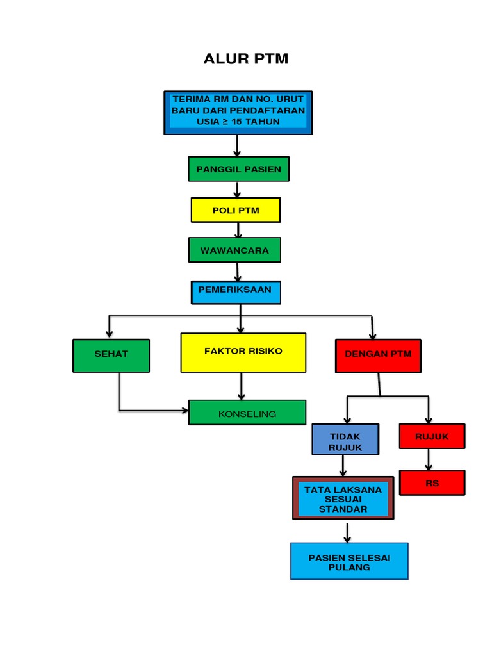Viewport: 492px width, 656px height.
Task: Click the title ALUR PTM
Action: coord(246,60)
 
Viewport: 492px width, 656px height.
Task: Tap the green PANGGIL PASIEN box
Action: coord(238,169)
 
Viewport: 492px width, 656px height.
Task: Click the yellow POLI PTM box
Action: coord(235,210)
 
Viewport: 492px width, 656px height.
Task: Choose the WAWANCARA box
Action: coord(234,250)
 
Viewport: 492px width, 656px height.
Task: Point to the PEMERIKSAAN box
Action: coord(235,291)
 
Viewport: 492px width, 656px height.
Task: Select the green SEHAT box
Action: coord(111,355)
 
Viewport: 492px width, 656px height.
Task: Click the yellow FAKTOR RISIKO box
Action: coord(243,352)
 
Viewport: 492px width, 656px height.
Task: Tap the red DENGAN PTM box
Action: coord(378,356)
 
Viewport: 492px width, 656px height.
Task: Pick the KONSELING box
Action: coord(247,413)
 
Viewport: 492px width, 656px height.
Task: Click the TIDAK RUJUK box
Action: coord(345,439)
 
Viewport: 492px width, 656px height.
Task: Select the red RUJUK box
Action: coord(431,436)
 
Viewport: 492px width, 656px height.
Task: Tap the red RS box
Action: coord(432,482)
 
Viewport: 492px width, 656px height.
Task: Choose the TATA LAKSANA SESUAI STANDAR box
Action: coord(343,498)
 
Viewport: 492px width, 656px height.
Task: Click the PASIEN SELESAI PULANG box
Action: coord(349,561)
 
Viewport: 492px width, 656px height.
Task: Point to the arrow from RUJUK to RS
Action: coord(429,459)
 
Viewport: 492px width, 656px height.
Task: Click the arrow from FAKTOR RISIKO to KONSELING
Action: coord(242,386)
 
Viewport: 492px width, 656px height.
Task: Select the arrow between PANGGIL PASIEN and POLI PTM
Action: coord(237,190)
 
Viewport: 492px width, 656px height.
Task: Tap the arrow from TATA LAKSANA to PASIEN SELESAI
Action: coord(347,532)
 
